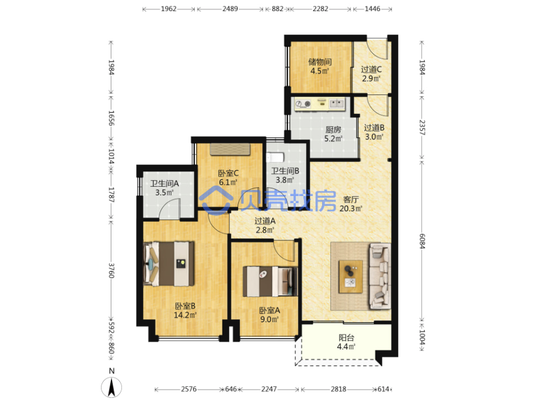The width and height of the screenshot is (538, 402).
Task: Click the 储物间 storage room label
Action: [x=320, y=62]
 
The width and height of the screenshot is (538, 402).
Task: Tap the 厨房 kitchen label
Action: [x=333, y=130]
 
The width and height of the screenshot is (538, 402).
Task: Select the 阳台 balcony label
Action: [x=346, y=337]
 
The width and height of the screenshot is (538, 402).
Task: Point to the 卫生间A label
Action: [x=164, y=183]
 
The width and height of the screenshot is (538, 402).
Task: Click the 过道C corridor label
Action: [x=371, y=69]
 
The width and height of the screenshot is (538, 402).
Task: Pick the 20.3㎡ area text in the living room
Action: [x=351, y=208]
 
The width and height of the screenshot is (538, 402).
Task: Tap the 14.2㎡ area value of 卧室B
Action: [x=185, y=315]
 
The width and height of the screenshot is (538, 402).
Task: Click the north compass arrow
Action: [x=111, y=387]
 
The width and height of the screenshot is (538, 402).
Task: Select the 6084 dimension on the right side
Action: [x=422, y=241]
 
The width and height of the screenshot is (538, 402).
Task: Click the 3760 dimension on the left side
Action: [x=111, y=271]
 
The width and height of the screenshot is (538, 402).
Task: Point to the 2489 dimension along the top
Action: [x=230, y=9]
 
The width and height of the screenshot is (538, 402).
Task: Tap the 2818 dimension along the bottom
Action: [x=339, y=389]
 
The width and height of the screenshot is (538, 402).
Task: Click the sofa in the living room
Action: [x=380, y=276]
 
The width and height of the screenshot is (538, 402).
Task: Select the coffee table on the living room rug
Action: [x=350, y=276]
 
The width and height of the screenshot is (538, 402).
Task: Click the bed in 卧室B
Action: [x=169, y=264]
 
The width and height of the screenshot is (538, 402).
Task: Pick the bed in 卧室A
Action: [x=270, y=281]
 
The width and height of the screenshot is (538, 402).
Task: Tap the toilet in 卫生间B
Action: [x=275, y=158]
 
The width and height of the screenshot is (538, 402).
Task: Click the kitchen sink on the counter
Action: [x=337, y=103]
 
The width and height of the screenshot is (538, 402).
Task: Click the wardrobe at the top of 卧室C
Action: [x=230, y=150]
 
